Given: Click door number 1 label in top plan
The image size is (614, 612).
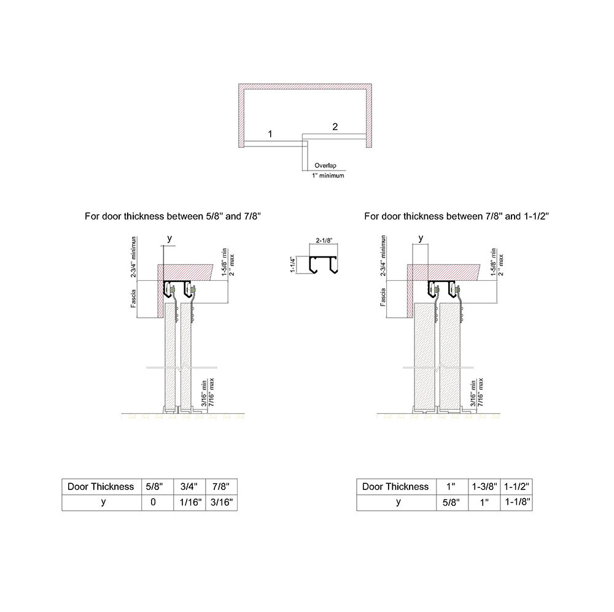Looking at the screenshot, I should point(270,133).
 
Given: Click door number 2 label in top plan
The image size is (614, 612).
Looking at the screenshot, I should point(335,127).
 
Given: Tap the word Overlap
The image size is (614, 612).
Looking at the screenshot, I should point(326,166).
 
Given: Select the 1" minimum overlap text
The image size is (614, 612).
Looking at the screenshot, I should point(328,175).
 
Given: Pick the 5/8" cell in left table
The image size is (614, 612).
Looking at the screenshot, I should point(153,486).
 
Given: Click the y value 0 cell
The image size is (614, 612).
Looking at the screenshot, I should point(153,502).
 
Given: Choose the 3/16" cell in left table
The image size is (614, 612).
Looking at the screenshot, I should point(221,502).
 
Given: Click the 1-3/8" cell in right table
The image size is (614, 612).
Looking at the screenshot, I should point(484,486).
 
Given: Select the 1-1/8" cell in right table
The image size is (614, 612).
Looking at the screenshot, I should point(516,502).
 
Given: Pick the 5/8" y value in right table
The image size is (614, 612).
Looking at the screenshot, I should point(451,502).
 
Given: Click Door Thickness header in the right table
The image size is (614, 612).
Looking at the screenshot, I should point(395,486).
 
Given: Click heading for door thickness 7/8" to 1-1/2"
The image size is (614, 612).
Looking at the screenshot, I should point(456,216).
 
